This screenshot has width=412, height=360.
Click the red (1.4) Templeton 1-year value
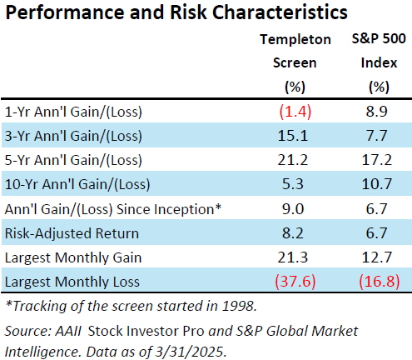coord(295,112)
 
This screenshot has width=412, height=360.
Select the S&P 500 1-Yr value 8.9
coord(376,112)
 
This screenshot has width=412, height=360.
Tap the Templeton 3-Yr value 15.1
coord(293,136)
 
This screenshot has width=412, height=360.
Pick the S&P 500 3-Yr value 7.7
coord(376,136)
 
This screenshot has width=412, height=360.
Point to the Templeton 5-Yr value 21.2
coord(293,160)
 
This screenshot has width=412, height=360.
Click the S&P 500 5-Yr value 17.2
coord(377,160)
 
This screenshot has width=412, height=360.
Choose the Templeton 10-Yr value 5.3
coord(293,184)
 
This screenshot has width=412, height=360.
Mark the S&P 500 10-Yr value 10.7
coord(377,184)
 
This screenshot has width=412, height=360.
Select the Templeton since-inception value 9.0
coord(293,209)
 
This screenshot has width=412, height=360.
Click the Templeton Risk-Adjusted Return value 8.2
coord(293,233)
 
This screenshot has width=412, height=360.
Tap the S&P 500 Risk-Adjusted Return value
coord(376,233)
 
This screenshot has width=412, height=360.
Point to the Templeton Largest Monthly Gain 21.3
coord(293,257)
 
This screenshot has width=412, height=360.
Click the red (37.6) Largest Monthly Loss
coord(295,282)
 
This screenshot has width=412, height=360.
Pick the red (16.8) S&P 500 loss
coord(380,282)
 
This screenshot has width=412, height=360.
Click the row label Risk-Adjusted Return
coord(72,233)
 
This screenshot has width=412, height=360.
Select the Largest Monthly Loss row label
coord(72,282)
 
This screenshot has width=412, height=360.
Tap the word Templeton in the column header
coord(295,40)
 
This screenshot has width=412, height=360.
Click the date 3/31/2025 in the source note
coord(189,352)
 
